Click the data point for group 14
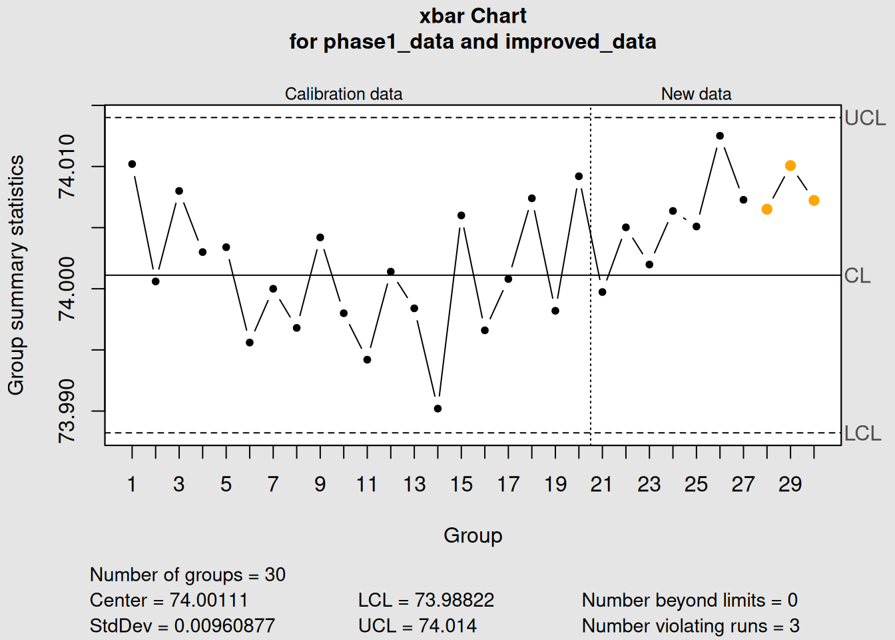pyautogui.click(x=438, y=409)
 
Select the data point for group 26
pyautogui.click(x=720, y=136)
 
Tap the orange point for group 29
pyautogui.click(x=790, y=165)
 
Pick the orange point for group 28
pyautogui.click(x=767, y=209)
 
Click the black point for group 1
pyautogui.click(x=132, y=164)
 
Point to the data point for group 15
pyautogui.click(x=461, y=215)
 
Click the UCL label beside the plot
pyautogui.click(x=865, y=118)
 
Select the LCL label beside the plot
pyautogui.click(x=862, y=433)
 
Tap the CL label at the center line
pyautogui.click(x=857, y=275)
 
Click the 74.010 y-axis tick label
pyautogui.click(x=67, y=166)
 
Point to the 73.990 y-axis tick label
pyautogui.click(x=67, y=411)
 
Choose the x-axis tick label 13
pyautogui.click(x=414, y=484)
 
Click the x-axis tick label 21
pyautogui.click(x=601, y=484)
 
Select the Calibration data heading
pyautogui.click(x=344, y=94)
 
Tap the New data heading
pyautogui.click(x=696, y=94)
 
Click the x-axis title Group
pyautogui.click(x=473, y=535)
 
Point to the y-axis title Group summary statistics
pyautogui.click(x=16, y=275)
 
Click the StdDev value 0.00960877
pyautogui.click(x=224, y=626)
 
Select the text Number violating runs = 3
pyautogui.click(x=691, y=626)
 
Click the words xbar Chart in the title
pyautogui.click(x=473, y=16)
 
